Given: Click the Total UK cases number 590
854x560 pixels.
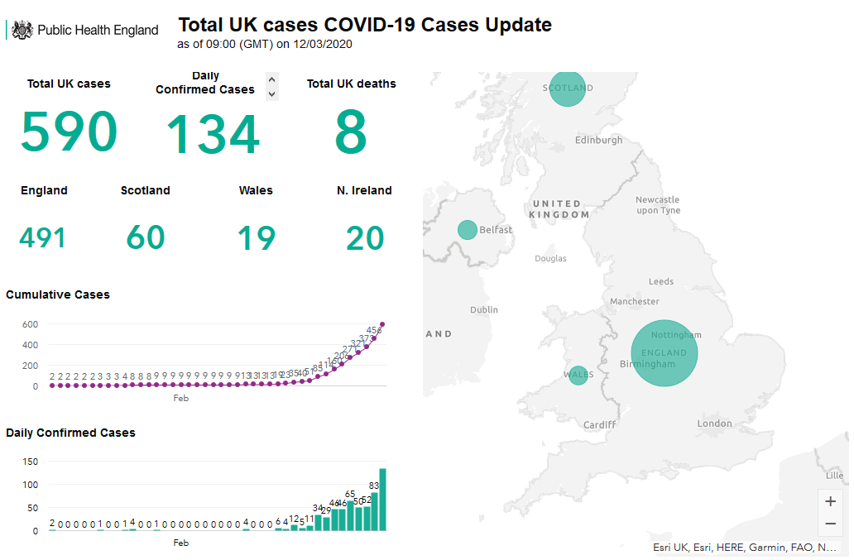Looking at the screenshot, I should (69, 132).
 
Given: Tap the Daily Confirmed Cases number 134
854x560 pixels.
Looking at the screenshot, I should (213, 135).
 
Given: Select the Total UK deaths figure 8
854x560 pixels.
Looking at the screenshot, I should (351, 132).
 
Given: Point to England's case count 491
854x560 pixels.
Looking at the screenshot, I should (43, 238).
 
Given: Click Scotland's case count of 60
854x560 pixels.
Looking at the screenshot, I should (146, 238).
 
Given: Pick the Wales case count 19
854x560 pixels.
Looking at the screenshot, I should (256, 238).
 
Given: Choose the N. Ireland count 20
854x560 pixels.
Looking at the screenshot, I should (365, 238).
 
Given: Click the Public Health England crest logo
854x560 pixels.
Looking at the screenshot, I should (22, 31).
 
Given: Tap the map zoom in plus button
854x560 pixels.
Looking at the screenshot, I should (831, 501).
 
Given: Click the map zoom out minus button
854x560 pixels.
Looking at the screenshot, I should (831, 524).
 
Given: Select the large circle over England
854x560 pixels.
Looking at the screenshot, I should (664, 352).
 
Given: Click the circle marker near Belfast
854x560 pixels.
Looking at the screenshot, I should (468, 229).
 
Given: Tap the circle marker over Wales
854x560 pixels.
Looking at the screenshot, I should (578, 375).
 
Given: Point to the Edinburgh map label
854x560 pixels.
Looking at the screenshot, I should (599, 141).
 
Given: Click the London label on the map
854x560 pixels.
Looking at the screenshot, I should (714, 424).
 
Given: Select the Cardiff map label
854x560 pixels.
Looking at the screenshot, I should (599, 425).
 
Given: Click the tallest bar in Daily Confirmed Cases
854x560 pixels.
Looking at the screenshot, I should (383, 499).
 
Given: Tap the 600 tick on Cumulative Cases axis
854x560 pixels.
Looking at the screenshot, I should (31, 324).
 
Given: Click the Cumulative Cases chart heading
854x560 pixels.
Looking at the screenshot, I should (58, 294).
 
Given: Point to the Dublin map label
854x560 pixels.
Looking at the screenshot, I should (484, 310).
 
